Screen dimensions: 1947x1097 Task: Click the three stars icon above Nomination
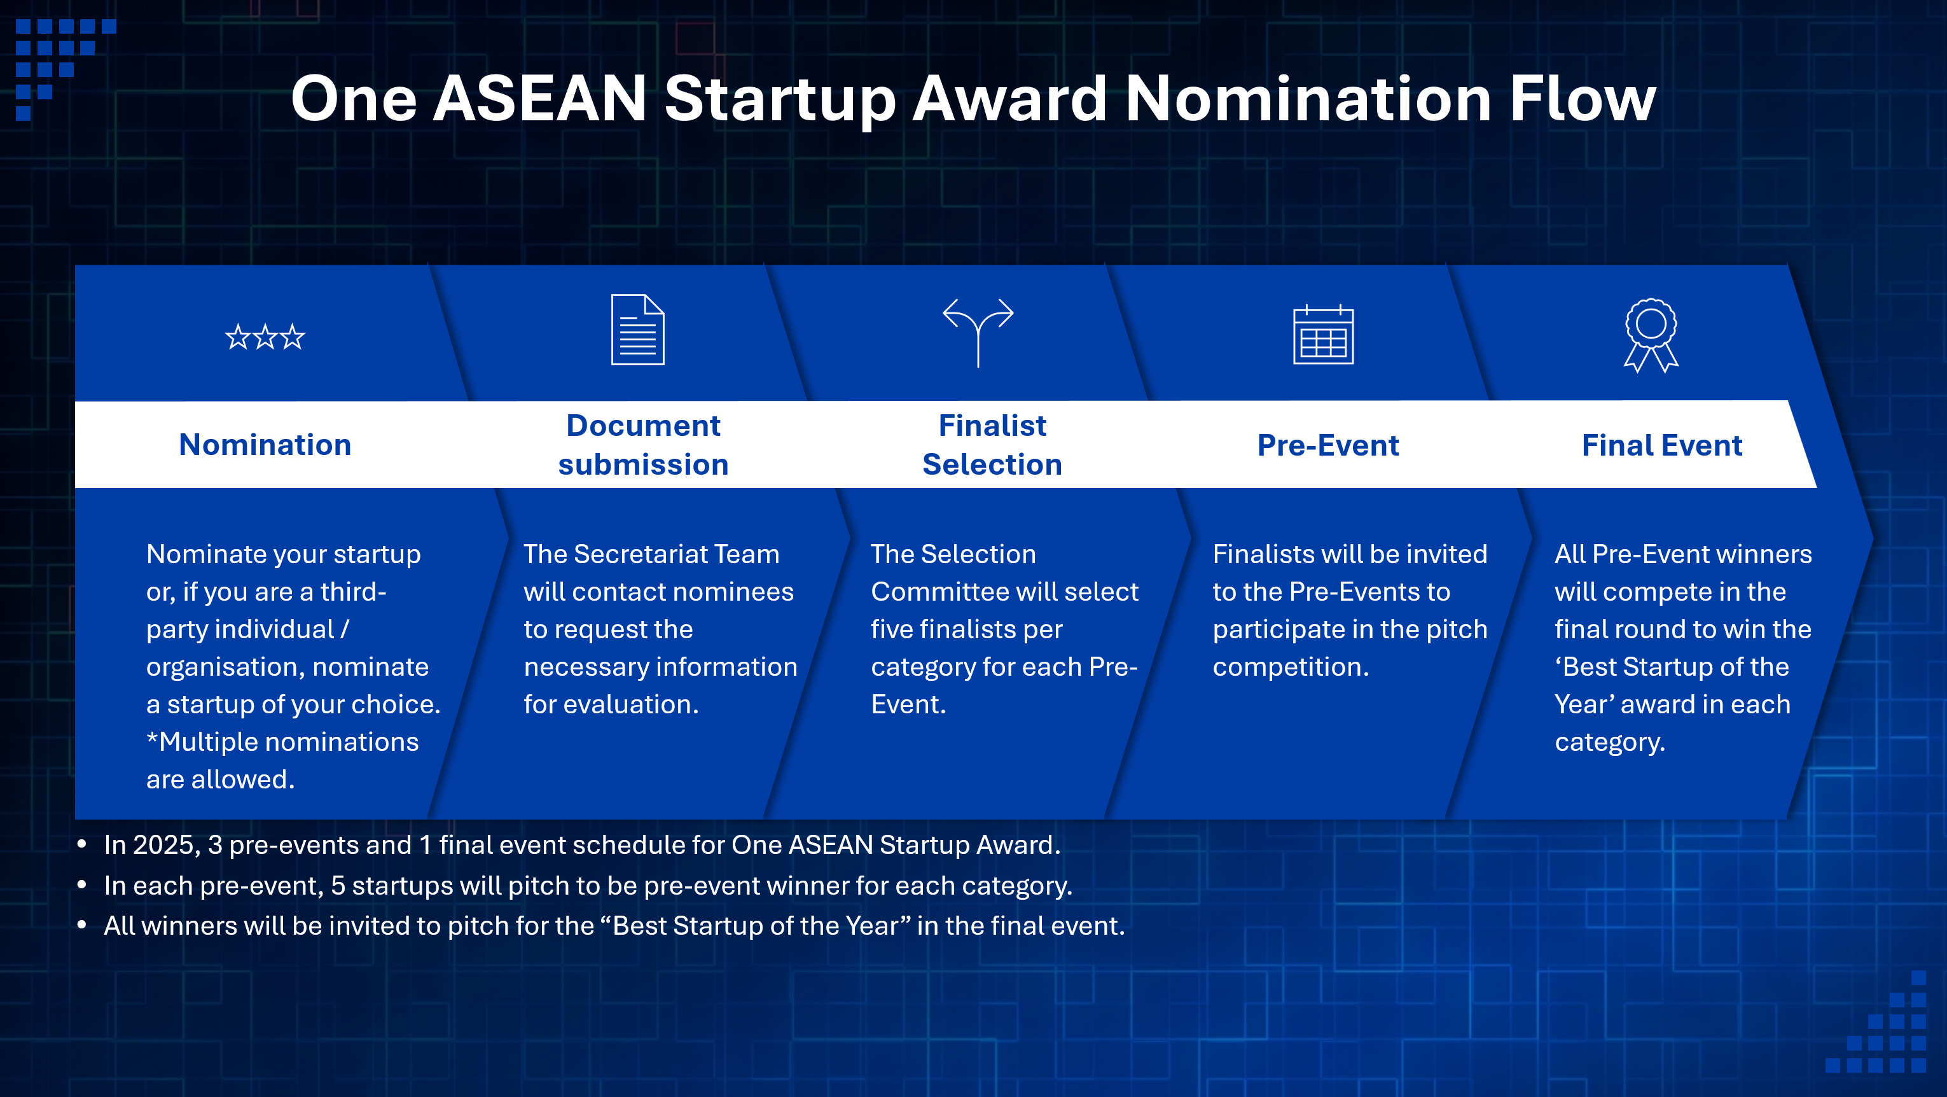265,337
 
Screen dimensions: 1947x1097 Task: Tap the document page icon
638,330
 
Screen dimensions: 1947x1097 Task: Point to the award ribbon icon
1651,335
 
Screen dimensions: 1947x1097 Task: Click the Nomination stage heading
265,445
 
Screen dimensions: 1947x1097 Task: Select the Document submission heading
643,445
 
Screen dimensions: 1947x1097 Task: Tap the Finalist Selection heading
992,445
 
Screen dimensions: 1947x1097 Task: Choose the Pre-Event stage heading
1328,445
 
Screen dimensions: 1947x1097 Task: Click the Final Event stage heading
1662,445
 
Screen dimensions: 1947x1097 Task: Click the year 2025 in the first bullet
166,845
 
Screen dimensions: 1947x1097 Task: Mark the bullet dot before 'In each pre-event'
81,885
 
